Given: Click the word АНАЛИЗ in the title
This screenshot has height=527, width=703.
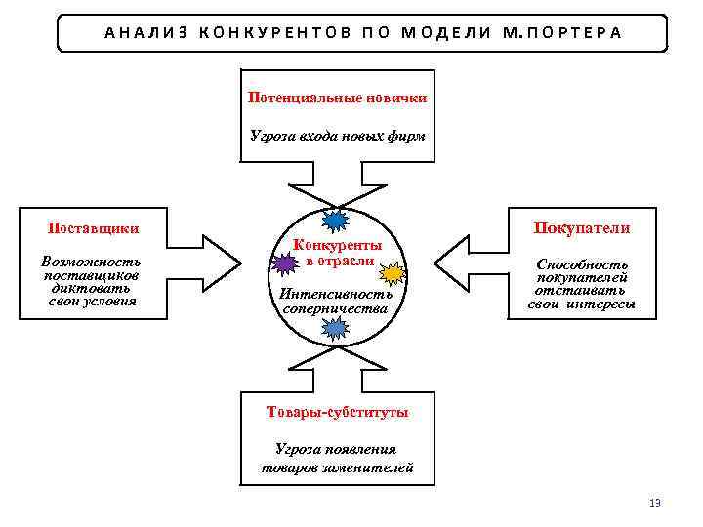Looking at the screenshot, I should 146,32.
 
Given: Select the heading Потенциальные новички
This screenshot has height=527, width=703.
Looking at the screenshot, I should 337,99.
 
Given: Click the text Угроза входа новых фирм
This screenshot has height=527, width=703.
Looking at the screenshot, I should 337,136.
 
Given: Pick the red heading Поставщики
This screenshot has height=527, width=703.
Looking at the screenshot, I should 94,229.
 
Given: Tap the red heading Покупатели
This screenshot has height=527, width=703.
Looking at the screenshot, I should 581,228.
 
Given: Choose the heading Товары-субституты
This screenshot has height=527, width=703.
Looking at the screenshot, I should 338,412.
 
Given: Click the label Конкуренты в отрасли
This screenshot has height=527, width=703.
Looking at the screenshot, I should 338,253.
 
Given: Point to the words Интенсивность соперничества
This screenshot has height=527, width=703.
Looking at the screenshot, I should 336,301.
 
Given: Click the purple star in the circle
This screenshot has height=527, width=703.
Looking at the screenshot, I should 284,263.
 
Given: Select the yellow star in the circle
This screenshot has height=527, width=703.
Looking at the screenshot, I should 390,272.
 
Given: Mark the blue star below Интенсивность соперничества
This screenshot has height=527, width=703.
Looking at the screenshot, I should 335,330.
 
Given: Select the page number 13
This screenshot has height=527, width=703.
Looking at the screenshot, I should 655,503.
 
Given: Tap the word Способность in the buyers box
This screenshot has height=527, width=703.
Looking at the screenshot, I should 582,264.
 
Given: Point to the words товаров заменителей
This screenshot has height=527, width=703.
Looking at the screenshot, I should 338,467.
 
